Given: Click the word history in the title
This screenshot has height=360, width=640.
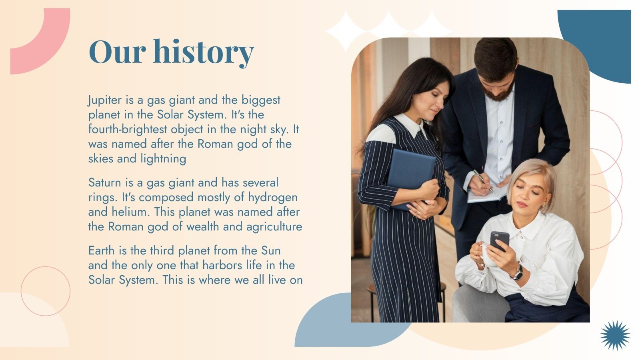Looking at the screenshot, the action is tap(204, 52).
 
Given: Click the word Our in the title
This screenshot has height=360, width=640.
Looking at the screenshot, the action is tap(118, 52).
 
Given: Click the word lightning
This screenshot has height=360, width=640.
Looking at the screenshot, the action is tap(163, 159).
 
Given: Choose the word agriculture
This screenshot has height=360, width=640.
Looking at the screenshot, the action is tap(274, 227).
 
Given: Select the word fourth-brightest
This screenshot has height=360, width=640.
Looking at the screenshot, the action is tap(128, 130).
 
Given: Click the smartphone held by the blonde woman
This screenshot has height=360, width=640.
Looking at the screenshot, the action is tap(500, 241).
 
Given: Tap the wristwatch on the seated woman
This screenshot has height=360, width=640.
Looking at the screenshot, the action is tap(518, 273).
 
